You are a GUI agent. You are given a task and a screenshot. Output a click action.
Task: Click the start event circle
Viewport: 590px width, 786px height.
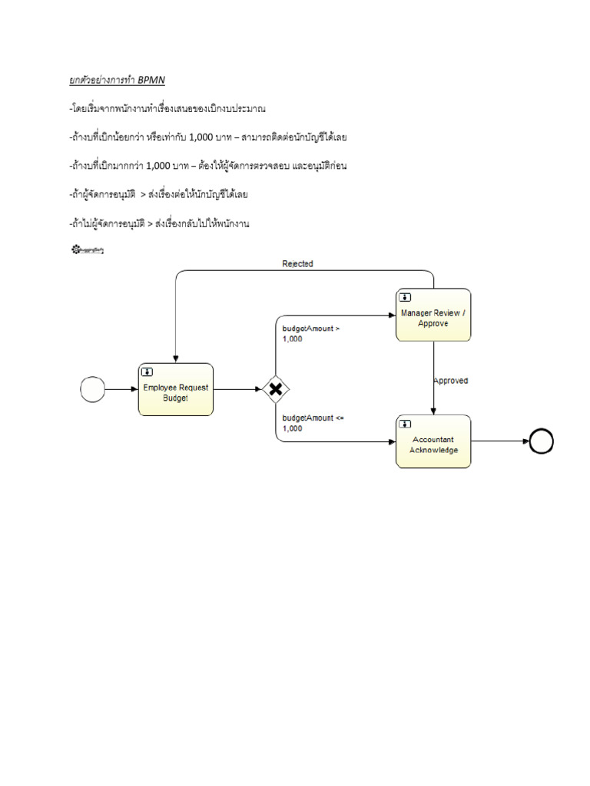[92, 389]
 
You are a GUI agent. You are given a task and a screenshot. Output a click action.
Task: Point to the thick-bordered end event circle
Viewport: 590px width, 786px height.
[542, 441]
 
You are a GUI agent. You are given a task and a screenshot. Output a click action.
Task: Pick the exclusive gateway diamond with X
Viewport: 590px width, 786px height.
[275, 389]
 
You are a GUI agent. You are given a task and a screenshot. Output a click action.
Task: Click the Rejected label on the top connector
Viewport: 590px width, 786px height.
[297, 263]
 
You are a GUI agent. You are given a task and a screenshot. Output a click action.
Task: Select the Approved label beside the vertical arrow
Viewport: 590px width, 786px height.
[450, 380]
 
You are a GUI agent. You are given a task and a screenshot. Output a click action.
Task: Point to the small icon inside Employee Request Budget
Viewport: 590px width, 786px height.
[147, 372]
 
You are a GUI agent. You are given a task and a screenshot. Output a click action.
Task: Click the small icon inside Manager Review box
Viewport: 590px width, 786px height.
[404, 297]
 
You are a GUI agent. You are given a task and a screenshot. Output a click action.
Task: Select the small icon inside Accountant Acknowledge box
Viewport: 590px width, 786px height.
[404, 424]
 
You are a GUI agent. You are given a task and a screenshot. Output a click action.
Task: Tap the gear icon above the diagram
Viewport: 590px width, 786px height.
[76, 249]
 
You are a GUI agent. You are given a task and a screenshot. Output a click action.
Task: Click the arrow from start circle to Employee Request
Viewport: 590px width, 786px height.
[121, 389]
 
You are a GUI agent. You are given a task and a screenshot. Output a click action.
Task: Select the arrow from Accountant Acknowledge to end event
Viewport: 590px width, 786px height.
[499, 441]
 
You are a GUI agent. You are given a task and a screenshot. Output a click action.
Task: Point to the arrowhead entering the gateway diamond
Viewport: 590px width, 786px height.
[258, 389]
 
